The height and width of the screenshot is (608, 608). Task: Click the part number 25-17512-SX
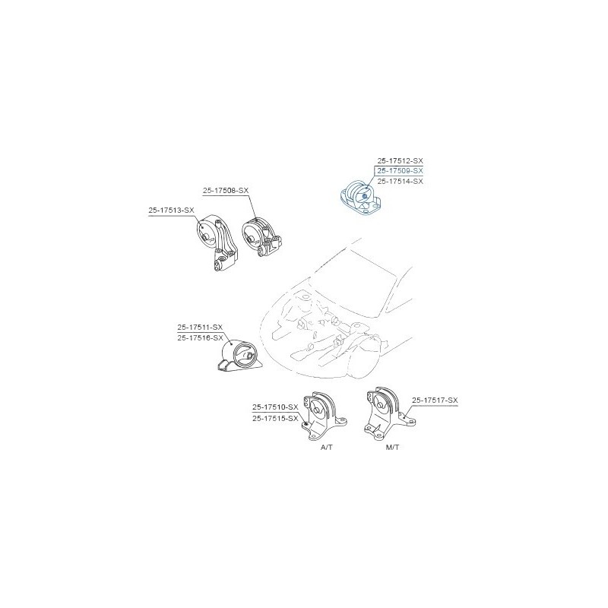[x=401, y=160]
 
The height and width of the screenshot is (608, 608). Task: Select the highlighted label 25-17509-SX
[x=401, y=171]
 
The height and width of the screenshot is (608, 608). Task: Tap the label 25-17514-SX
[x=401, y=182]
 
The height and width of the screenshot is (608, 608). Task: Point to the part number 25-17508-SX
[x=226, y=191]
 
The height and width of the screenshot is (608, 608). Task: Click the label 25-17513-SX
[x=171, y=211]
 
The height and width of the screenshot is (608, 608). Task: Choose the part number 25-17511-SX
[x=200, y=328]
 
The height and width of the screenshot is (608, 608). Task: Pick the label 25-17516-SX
[x=200, y=337]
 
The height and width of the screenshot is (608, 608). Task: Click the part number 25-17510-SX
[x=275, y=407]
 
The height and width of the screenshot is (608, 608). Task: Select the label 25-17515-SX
[x=275, y=419]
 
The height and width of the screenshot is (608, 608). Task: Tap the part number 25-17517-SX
[x=435, y=401]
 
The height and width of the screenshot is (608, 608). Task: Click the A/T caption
[x=327, y=448]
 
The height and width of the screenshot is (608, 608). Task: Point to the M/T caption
[x=392, y=448]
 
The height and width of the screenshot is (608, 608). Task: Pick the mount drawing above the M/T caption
[x=390, y=414]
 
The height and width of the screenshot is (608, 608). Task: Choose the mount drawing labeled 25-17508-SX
[x=262, y=237]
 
